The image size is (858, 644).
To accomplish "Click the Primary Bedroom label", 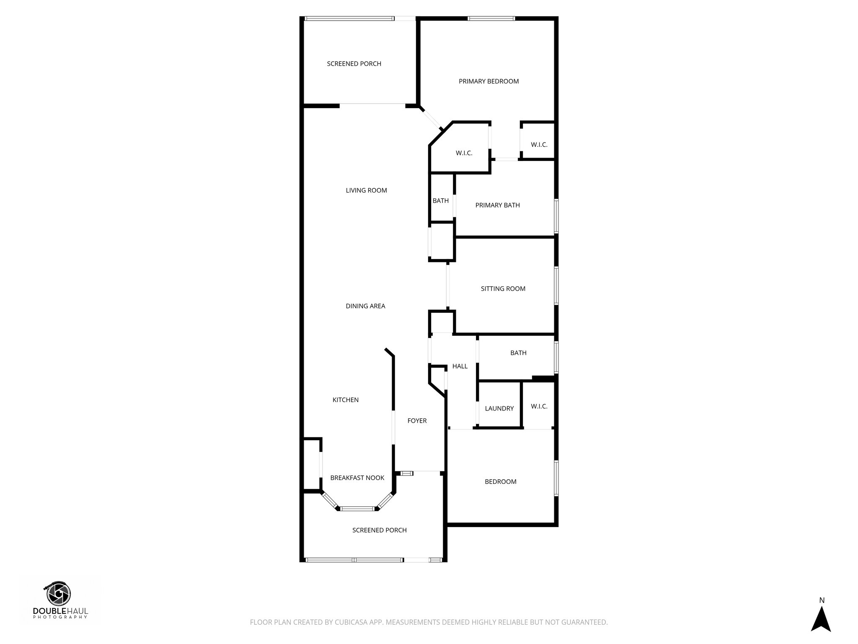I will click(x=488, y=81).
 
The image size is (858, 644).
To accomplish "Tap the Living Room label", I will click(x=366, y=190).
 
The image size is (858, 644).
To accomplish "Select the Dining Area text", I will click(x=365, y=306).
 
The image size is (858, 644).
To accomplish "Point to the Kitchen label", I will click(x=346, y=400).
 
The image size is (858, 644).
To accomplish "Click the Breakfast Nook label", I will click(x=357, y=478).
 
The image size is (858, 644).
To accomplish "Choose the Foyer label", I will click(x=417, y=421).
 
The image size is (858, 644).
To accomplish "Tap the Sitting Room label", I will click(x=503, y=288).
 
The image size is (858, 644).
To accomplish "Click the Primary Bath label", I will click(x=497, y=205).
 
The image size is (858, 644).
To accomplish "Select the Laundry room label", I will click(x=499, y=408).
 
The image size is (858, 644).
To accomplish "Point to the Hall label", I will click(x=460, y=366).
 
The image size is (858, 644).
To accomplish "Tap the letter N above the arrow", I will click(x=822, y=600).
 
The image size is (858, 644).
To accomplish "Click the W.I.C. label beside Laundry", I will click(x=539, y=406).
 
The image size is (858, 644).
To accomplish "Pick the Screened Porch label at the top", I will click(x=354, y=64).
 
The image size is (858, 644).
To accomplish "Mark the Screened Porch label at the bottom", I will click(x=379, y=530).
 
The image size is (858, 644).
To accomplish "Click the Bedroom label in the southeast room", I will click(x=500, y=482).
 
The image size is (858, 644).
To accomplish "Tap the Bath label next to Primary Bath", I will click(x=440, y=201).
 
